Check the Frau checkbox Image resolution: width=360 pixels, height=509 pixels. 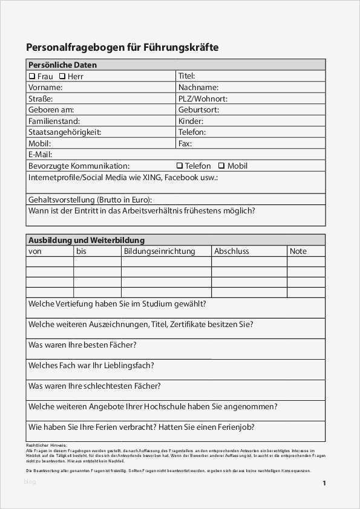click(32, 77)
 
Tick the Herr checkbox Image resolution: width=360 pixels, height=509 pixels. click(62, 77)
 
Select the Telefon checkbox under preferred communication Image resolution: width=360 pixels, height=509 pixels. click(180, 166)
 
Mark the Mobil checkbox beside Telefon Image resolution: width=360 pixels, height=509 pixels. click(221, 166)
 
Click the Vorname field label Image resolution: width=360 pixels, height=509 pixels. click(45, 88)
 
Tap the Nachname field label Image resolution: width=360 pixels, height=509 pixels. click(198, 88)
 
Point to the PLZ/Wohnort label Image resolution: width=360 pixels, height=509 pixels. click(203, 99)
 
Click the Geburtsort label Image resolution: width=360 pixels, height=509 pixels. click(198, 110)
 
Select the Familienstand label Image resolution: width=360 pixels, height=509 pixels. click(54, 121)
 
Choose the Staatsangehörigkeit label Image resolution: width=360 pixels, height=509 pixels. click(65, 132)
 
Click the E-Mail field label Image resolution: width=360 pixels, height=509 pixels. click(41, 154)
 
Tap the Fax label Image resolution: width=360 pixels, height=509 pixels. click(185, 143)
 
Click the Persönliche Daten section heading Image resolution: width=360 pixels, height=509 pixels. click(62, 65)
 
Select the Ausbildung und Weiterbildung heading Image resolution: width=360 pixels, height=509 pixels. click(87, 240)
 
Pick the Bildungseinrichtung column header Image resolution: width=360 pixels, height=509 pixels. click(159, 251)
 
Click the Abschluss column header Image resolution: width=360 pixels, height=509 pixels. click(231, 251)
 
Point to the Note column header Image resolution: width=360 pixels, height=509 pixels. click(298, 251)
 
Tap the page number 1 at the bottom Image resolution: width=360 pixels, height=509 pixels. click(324, 483)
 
